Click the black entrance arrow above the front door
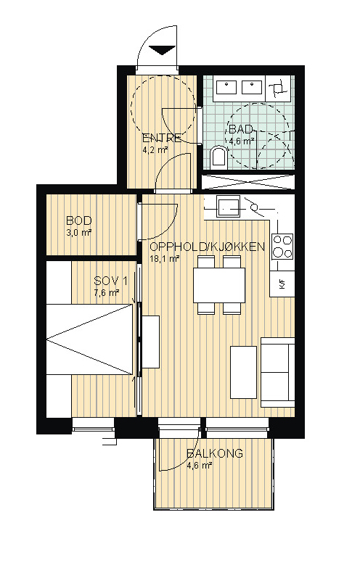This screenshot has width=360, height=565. (x=162, y=50)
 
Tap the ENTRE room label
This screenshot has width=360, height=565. (x=163, y=139)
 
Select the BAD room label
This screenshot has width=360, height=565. (x=240, y=129)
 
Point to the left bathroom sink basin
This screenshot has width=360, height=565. (x=226, y=86)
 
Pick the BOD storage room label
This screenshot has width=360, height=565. (x=79, y=220)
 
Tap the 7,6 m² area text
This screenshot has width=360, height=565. (x=107, y=292)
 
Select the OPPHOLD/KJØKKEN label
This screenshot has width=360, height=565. (x=208, y=247)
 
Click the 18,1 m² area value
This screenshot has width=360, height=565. (x=165, y=258)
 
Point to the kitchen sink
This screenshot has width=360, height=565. (x=228, y=207)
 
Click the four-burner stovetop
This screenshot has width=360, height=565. (x=282, y=247)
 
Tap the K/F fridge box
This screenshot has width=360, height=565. (x=282, y=284)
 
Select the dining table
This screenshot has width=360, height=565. (x=219, y=285)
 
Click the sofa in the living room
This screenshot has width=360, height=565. (x=278, y=372)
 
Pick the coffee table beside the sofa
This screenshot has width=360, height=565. (x=243, y=372)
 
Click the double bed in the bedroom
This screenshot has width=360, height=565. (x=89, y=339)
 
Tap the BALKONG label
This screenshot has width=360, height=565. (x=215, y=453)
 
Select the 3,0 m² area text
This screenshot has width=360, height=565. (x=78, y=232)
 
